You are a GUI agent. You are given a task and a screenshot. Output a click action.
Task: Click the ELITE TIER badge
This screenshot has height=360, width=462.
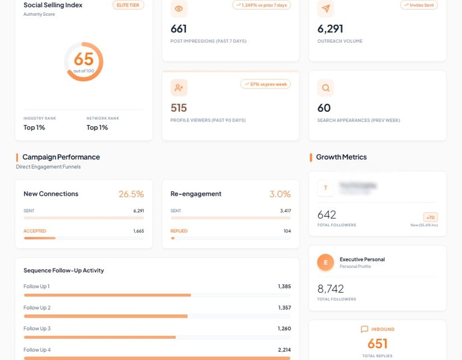(128, 5)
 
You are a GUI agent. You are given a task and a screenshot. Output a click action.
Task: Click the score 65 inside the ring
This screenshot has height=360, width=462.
(84, 59)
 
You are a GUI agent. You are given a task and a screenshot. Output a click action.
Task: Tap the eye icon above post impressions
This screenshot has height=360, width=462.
(179, 8)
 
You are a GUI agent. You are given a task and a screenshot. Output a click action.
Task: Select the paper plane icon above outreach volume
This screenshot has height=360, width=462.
(325, 8)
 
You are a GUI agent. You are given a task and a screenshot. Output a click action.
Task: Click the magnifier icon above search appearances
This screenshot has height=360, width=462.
(325, 88)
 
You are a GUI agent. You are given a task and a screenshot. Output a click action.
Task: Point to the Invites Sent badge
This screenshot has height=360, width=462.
(419, 5)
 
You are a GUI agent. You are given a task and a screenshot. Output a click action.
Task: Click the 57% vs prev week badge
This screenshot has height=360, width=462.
(265, 84)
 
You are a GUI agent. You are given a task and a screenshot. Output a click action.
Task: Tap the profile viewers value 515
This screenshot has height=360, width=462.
(179, 108)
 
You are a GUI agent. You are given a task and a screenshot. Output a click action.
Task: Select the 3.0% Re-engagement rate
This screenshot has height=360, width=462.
(280, 194)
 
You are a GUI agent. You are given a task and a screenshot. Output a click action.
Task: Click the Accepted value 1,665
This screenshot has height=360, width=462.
(138, 231)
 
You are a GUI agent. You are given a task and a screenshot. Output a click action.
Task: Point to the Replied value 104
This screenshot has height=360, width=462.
(287, 231)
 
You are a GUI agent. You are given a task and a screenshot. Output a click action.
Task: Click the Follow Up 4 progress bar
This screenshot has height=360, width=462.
(156, 358)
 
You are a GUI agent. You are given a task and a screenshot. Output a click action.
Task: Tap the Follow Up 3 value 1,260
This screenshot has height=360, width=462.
(284, 329)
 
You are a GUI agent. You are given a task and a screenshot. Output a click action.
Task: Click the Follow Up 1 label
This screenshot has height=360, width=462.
(37, 287)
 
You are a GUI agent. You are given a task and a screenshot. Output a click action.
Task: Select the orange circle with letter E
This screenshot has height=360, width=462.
(325, 262)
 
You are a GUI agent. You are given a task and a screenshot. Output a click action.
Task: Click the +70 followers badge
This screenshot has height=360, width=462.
(430, 217)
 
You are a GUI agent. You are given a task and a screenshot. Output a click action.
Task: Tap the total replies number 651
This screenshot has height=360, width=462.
(377, 344)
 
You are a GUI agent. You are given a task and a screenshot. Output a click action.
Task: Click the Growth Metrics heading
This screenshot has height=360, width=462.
(341, 157)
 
